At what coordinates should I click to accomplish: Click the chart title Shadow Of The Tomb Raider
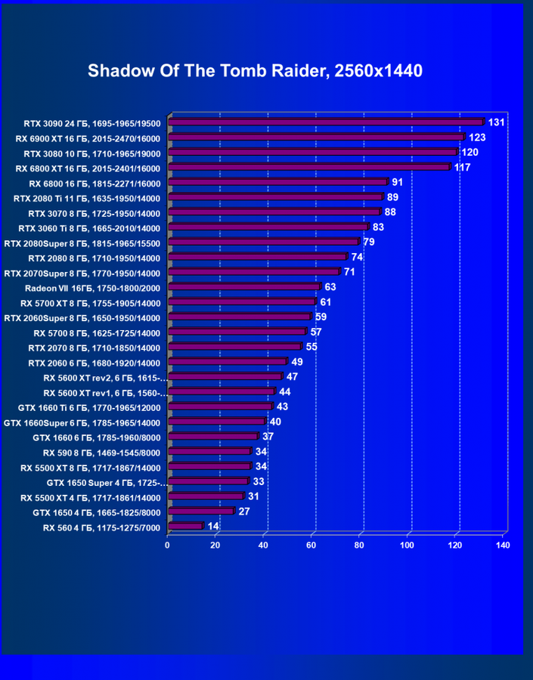pyautogui.click(x=255, y=71)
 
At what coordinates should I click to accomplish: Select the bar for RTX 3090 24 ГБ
pyautogui.click(x=325, y=122)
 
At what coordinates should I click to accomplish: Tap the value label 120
pyautogui.click(x=469, y=152)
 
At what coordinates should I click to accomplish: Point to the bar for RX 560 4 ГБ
pyautogui.click(x=186, y=526)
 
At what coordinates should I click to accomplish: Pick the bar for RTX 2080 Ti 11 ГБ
pyautogui.click(x=275, y=197)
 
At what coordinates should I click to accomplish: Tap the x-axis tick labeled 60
pyautogui.click(x=311, y=544)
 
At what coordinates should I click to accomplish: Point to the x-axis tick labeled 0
pyautogui.click(x=168, y=544)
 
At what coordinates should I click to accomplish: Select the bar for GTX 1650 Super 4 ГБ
pyautogui.click(x=208, y=481)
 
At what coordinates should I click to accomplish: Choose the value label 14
pyautogui.click(x=213, y=525)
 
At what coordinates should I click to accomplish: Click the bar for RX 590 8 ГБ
pyautogui.click(x=209, y=451)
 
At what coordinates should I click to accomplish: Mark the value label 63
pyautogui.click(x=330, y=287)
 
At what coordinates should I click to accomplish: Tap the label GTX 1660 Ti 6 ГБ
pyautogui.click(x=89, y=407)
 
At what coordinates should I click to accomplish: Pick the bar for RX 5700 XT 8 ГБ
pyautogui.click(x=241, y=302)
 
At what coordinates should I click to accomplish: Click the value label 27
pyautogui.click(x=244, y=511)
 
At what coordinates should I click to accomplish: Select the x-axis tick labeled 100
pyautogui.click(x=407, y=544)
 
